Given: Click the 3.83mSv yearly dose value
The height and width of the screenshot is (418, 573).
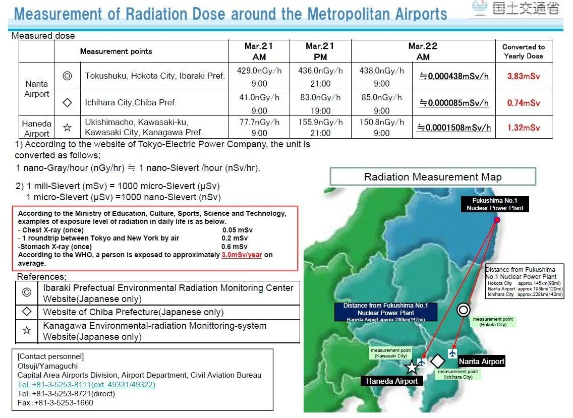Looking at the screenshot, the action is [523, 76].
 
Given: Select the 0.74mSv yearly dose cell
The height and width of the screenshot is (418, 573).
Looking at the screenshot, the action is [523, 103].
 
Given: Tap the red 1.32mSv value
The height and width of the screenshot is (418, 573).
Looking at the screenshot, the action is [523, 128].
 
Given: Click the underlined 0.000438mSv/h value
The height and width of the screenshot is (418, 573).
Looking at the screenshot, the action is [454, 76].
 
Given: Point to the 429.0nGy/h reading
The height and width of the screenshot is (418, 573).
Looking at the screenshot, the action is [259, 71].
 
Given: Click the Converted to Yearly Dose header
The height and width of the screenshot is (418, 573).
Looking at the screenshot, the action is [523, 51].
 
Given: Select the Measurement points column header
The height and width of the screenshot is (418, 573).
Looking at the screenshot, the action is [116, 51].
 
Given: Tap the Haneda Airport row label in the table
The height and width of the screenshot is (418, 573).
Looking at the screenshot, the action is [36, 128].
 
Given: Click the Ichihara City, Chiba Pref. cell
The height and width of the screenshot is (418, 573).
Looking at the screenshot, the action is [131, 103].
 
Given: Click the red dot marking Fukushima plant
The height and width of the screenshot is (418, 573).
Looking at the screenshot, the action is [497, 220].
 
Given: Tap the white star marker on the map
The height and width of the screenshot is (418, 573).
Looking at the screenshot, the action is [412, 367].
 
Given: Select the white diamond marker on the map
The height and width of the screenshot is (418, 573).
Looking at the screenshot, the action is [437, 362].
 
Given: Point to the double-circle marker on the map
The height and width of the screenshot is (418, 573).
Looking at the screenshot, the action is [464, 310].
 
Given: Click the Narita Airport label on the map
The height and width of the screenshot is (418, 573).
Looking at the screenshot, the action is [482, 362].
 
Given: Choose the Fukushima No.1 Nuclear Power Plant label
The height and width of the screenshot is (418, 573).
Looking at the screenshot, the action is [495, 204].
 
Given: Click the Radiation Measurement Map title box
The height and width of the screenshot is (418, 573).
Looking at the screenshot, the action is [433, 177].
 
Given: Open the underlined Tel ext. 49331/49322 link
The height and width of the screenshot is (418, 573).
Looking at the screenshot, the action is [86, 384].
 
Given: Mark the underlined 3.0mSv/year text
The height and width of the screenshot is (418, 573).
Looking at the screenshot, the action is [242, 255].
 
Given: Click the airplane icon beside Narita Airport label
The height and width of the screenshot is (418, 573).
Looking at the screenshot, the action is [452, 353].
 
